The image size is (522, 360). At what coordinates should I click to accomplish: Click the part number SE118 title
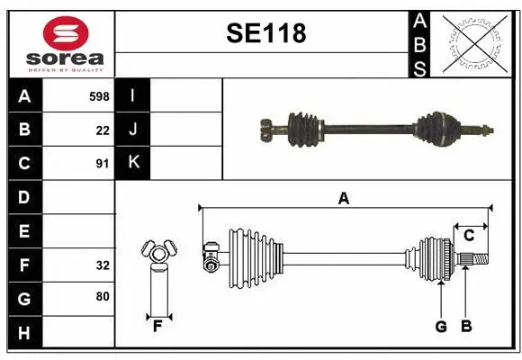(265, 34)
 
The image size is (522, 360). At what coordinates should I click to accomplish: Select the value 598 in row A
(99, 95)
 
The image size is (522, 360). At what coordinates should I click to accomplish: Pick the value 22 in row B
(103, 130)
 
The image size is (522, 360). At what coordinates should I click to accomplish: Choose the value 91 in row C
(102, 163)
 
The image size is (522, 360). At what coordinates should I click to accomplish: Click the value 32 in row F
(102, 265)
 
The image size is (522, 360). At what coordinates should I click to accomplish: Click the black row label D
(24, 197)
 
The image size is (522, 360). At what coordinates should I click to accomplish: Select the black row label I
(133, 95)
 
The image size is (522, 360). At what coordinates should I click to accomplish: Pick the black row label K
(133, 163)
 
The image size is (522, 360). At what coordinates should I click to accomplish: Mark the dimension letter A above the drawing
(343, 199)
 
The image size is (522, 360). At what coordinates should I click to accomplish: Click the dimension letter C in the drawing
(469, 236)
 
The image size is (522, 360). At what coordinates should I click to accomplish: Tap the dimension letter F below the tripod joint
(157, 326)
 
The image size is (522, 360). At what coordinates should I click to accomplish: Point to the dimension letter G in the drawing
(440, 327)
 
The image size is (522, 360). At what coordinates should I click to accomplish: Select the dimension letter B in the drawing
(465, 327)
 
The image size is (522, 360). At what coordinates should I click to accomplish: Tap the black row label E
(24, 231)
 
